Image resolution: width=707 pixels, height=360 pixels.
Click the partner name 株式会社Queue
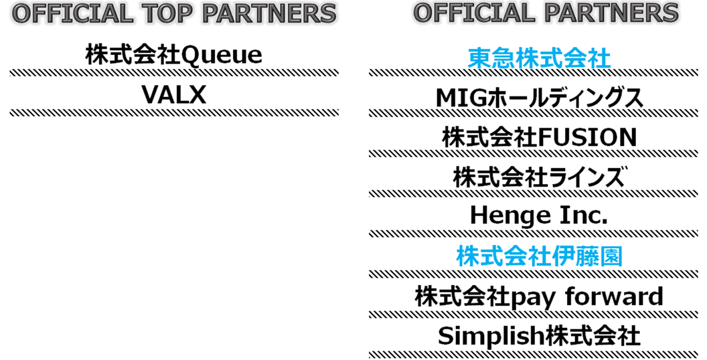pyautogui.click(x=173, y=56)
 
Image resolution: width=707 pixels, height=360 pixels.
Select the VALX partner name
pyautogui.click(x=173, y=95)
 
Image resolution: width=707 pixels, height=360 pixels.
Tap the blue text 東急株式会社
pyautogui.click(x=539, y=59)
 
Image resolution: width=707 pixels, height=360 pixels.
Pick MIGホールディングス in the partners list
pyautogui.click(x=539, y=98)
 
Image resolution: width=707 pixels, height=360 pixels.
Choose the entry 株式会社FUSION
pyautogui.click(x=539, y=137)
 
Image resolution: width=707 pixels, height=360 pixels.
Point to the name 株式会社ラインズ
pyautogui.click(x=539, y=177)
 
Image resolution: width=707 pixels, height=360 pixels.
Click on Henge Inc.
pyautogui.click(x=539, y=216)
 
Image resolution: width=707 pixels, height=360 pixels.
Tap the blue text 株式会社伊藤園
pyautogui.click(x=539, y=256)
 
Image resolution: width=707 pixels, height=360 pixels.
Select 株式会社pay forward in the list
pyautogui.click(x=539, y=297)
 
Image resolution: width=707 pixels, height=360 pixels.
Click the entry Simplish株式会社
pyautogui.click(x=539, y=336)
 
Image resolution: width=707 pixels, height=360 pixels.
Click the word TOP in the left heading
pyautogui.click(x=165, y=13)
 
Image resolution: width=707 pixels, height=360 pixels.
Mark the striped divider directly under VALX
pyautogui.click(x=174, y=112)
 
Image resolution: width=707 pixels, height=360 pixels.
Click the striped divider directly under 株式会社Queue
pyautogui.click(x=174, y=72)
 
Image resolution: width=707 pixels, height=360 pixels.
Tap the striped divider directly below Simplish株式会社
pyautogui.click(x=534, y=355)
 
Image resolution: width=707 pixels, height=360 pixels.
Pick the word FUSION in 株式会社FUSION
pyautogui.click(x=586, y=137)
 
